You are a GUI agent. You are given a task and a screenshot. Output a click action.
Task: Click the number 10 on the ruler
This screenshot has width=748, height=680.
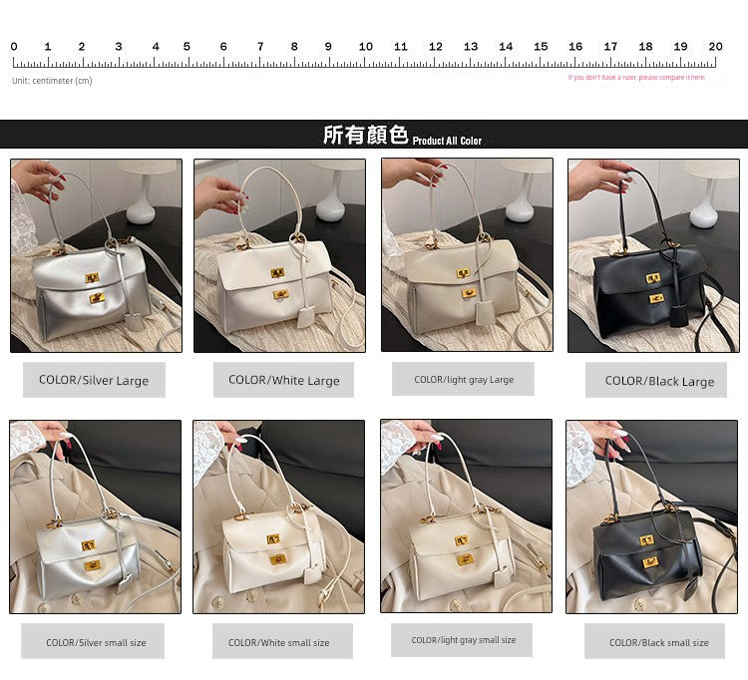[x=365, y=47]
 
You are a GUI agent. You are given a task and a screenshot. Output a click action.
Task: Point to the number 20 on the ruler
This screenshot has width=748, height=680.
[x=715, y=47]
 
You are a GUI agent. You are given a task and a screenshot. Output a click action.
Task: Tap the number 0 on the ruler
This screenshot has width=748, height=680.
[x=14, y=47]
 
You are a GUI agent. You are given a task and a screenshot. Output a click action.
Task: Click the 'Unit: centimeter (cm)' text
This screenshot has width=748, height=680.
[x=52, y=81]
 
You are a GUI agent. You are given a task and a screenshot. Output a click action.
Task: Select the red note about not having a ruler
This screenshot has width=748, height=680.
[x=636, y=77]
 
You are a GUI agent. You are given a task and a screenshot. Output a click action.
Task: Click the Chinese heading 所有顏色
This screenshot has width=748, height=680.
[x=365, y=135]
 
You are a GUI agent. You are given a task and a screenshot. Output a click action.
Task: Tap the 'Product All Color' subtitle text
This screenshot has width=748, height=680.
[x=447, y=141]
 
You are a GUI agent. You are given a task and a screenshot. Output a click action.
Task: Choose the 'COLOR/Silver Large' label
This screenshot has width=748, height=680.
[x=94, y=380]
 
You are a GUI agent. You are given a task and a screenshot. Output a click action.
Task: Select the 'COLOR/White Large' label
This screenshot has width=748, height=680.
[x=283, y=380]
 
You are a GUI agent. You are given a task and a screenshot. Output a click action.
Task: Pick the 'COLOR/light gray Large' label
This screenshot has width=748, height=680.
[x=464, y=379]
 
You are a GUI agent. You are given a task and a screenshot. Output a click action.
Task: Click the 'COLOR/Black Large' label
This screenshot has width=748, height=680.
[x=659, y=380]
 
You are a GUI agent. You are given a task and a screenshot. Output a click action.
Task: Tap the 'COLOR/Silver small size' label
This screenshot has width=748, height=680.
[x=96, y=642]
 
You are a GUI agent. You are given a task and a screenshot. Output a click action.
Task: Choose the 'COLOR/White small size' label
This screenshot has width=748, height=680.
[x=278, y=642]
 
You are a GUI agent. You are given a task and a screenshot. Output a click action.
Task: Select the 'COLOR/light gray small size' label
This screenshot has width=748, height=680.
[x=464, y=640]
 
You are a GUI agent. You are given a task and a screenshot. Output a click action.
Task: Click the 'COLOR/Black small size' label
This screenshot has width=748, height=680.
[x=659, y=642]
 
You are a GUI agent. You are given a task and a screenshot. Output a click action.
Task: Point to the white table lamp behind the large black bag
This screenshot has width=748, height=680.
[x=706, y=191]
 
